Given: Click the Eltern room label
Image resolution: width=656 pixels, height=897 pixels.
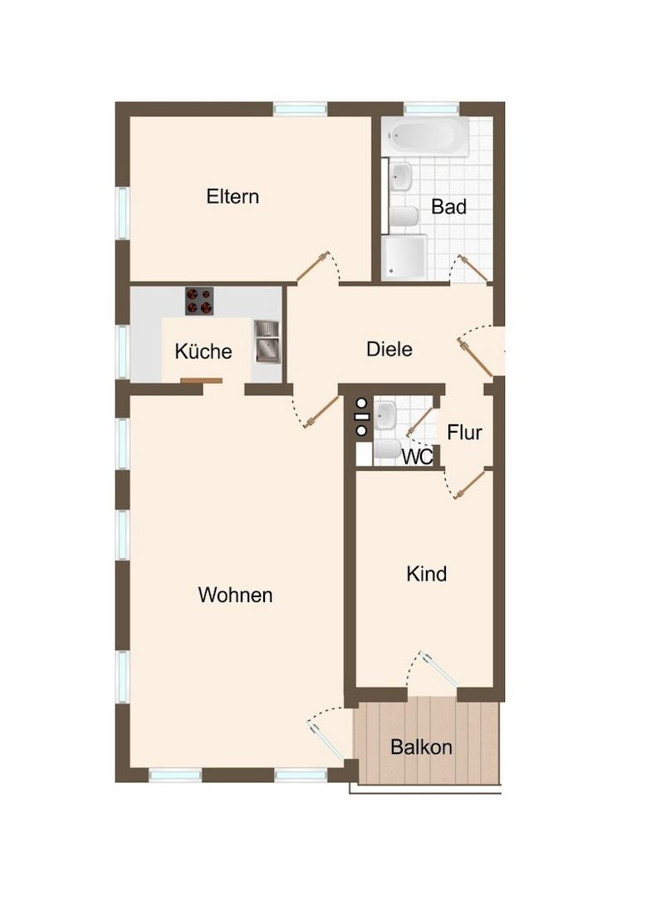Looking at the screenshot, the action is [233, 197].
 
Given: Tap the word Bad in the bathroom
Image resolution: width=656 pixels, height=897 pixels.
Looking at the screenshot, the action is [449, 207].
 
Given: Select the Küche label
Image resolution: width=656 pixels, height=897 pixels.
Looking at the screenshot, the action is [203, 350].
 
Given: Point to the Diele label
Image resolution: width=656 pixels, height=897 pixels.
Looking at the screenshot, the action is [389, 349].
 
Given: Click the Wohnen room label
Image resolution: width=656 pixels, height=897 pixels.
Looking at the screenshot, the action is [235, 595].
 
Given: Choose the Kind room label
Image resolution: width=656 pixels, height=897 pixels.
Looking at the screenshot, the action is [426, 574].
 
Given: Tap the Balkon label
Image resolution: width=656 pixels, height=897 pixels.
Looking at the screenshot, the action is [422, 747].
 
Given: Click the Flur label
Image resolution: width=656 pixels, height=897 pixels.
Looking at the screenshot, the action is [464, 433].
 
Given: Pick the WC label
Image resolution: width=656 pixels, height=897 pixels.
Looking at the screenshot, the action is [418, 457].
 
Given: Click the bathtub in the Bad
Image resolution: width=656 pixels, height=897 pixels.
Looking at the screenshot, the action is [425, 137].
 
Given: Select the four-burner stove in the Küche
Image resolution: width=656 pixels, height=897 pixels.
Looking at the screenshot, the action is [199, 301].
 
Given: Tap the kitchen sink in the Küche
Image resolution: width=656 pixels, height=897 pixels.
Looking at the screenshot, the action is [267, 341].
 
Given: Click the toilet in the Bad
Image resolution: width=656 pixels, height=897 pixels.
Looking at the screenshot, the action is [404, 216].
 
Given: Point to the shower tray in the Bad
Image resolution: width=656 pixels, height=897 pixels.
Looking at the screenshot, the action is [404, 257].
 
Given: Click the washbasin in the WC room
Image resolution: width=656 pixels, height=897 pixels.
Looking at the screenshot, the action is [385, 414].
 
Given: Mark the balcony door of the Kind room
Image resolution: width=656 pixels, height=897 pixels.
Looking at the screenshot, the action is [439, 668].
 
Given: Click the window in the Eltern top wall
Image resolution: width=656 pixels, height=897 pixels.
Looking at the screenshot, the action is [300, 109].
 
